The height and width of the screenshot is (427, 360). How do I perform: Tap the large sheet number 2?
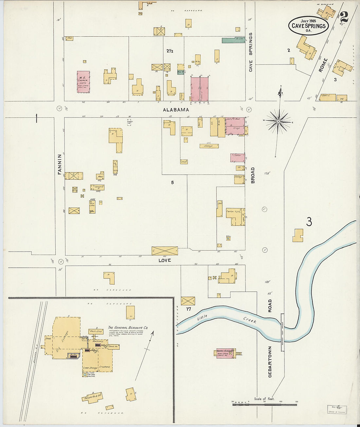pyautogui.click(x=344, y=17)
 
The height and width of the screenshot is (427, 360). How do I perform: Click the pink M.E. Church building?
pyautogui.click(x=83, y=82)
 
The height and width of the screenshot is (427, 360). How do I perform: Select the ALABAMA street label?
pyautogui.click(x=176, y=110)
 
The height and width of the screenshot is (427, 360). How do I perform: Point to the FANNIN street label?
pyautogui.click(x=60, y=164)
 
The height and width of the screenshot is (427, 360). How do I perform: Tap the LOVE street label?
pyautogui.click(x=165, y=260)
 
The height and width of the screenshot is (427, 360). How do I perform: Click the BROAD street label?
pyautogui.click(x=253, y=175)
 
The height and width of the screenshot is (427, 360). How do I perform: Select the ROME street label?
pyautogui.click(x=323, y=65)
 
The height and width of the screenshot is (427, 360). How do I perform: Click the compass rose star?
pyautogui.click(x=278, y=122)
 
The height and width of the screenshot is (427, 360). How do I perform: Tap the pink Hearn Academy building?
pyautogui.click(x=225, y=353)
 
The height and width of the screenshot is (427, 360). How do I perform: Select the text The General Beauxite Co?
pyautogui.click(x=128, y=327)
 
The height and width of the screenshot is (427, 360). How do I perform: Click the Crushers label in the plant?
pyautogui.click(x=105, y=367)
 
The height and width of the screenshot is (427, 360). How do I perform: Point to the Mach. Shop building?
pyautogui.click(x=96, y=331)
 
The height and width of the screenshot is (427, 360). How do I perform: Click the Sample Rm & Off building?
pyautogui.click(x=93, y=397)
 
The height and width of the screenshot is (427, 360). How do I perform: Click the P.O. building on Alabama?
pyautogui.click(x=341, y=98)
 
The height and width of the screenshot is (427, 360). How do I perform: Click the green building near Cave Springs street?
pyautogui.click(x=233, y=40)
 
